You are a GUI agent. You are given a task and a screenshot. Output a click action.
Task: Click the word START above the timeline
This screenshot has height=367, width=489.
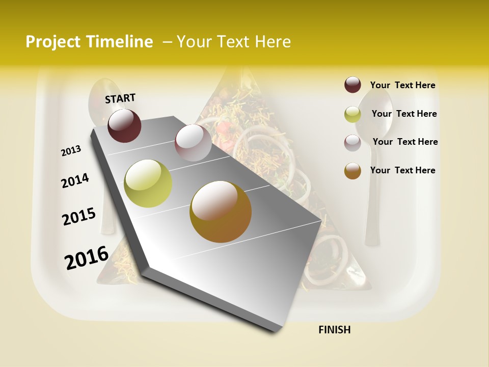[x=120, y=98]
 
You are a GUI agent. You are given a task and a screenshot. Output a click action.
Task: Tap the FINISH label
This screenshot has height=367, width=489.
[x=334, y=330]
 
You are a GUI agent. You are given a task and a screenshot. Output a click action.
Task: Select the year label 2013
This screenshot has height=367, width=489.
[x=71, y=151]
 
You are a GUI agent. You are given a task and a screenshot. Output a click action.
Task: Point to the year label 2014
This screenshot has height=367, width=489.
[x=75, y=180]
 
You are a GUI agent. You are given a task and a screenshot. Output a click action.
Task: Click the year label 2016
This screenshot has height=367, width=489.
[x=87, y=258]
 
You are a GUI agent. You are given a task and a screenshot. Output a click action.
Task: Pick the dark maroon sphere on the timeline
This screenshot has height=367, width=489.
[x=124, y=125]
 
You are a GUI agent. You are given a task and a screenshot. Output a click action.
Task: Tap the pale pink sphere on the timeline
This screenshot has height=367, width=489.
[x=193, y=142]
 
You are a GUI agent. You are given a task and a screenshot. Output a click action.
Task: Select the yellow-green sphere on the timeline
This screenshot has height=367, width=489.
[x=148, y=183]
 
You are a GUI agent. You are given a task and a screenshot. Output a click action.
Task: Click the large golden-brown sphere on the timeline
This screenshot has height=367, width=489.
[x=221, y=212]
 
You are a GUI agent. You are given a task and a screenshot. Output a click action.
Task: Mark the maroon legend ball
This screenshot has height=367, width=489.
[x=352, y=85]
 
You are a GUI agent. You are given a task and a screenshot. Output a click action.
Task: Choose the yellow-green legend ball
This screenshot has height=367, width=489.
[x=352, y=114]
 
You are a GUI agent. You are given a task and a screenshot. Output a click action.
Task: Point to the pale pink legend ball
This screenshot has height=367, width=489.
[x=352, y=142]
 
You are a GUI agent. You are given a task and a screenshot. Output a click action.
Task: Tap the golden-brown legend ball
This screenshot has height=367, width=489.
[x=352, y=171]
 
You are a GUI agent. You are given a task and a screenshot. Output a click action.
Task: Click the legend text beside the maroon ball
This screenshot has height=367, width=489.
[x=402, y=85]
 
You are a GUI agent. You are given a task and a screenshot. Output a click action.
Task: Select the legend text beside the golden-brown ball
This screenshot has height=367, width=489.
[x=402, y=170]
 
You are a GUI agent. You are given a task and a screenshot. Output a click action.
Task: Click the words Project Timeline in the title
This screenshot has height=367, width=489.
[x=89, y=42]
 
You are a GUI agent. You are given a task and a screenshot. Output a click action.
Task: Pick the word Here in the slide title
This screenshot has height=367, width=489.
[x=273, y=42]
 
